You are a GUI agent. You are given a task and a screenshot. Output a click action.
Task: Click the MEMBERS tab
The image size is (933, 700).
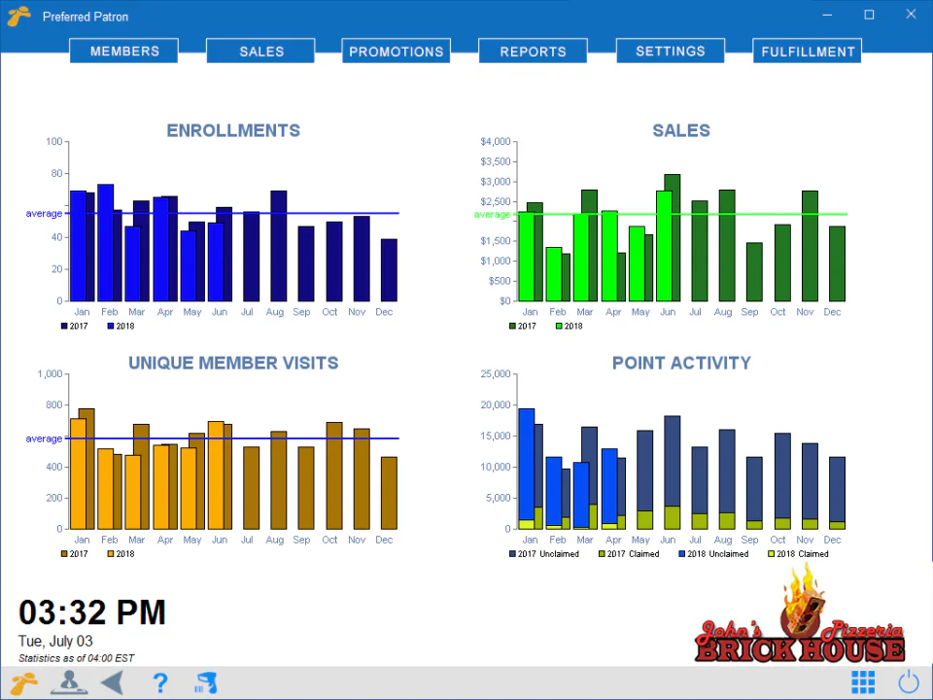pos(123,52)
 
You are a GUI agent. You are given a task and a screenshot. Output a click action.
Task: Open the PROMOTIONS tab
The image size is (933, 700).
pos(396,52)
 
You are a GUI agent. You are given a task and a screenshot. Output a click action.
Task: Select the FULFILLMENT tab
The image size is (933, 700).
pos(807,52)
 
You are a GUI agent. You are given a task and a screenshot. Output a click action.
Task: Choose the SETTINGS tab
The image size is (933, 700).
pos(670,52)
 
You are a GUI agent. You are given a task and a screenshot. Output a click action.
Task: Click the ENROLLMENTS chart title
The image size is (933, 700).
pos(233,130)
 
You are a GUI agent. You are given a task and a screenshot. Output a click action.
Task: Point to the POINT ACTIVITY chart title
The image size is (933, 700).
pos(681,363)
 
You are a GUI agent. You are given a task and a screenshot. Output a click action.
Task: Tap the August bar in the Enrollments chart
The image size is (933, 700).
pos(278,246)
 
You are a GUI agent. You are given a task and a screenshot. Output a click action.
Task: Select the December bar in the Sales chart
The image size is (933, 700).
pos(837,263)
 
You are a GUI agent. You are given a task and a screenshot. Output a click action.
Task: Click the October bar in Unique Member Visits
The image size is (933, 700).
pos(333,475)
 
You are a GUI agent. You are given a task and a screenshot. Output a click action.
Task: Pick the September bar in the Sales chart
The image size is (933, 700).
pos(754,271)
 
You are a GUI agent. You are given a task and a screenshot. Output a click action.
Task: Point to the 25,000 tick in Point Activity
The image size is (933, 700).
pos(495,374)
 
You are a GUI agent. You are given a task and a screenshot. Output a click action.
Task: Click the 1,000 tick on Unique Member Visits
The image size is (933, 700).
pos(50,374)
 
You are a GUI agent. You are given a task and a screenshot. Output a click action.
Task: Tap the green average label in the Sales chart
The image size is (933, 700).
pos(492,214)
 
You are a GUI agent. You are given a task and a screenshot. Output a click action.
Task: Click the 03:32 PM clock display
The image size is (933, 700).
pos(92,612)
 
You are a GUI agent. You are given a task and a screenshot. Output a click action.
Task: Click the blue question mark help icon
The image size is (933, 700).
pos(160,682)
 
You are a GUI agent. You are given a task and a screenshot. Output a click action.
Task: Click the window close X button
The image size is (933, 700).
pos(911,15)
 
